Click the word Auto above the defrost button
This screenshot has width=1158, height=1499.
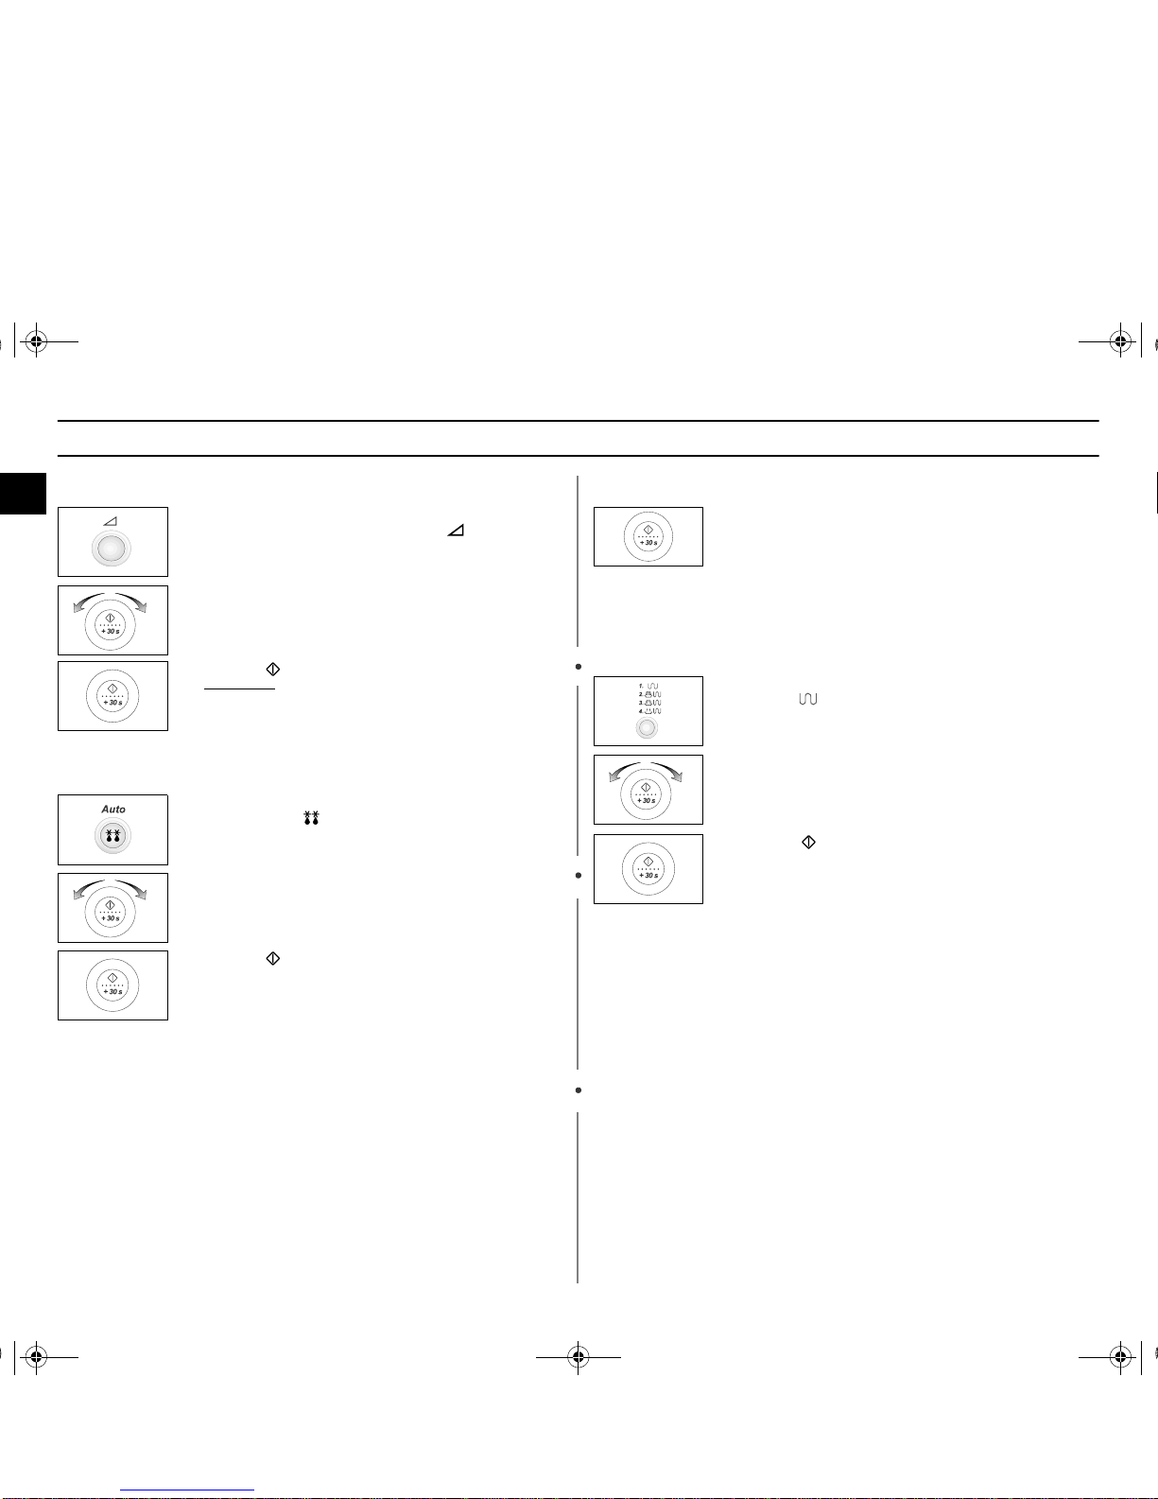coord(113,810)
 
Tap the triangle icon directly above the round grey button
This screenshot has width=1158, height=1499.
coord(111,522)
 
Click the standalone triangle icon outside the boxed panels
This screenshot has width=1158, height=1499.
coord(456,532)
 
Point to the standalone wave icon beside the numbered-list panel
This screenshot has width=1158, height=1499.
coord(808,699)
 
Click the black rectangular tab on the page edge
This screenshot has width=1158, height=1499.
coord(23,494)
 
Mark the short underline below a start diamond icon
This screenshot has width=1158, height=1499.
coord(239,689)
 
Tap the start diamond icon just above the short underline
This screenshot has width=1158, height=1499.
coord(273,670)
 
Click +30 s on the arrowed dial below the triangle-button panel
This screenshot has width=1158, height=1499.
coord(112,631)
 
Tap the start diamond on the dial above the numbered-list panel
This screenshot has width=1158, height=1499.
coord(648,530)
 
